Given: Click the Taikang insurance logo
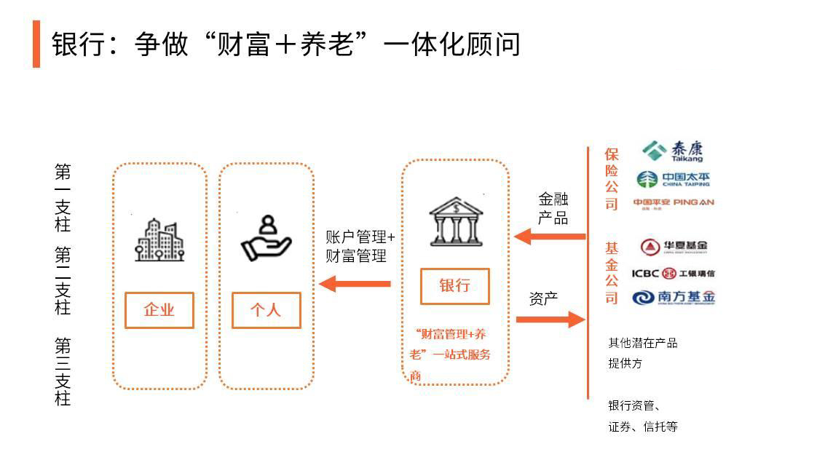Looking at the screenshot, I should pyautogui.click(x=673, y=151).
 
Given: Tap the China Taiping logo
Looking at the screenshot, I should pyautogui.click(x=673, y=179).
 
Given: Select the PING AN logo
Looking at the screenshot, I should pyautogui.click(x=674, y=203).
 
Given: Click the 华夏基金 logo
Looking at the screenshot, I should pyautogui.click(x=674, y=246).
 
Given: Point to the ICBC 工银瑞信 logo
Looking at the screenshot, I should pyautogui.click(x=673, y=273).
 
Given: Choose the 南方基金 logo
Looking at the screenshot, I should pyautogui.click(x=674, y=297).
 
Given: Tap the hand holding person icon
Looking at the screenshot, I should pyautogui.click(x=266, y=238).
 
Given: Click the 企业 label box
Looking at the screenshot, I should pyautogui.click(x=159, y=310).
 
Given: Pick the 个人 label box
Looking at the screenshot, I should pyautogui.click(x=266, y=310).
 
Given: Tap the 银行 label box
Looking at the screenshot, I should pyautogui.click(x=454, y=286).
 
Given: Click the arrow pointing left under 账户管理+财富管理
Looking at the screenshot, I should pyautogui.click(x=355, y=283).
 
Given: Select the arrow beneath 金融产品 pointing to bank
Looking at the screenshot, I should pyautogui.click(x=550, y=236).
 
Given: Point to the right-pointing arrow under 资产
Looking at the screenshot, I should pyautogui.click(x=550, y=319).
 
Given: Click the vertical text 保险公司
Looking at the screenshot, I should pyautogui.click(x=611, y=178).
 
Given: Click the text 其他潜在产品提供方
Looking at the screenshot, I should pyautogui.click(x=642, y=352).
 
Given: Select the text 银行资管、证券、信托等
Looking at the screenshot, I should pyautogui.click(x=642, y=416).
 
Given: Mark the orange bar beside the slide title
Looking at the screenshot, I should pyautogui.click(x=36, y=44).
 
